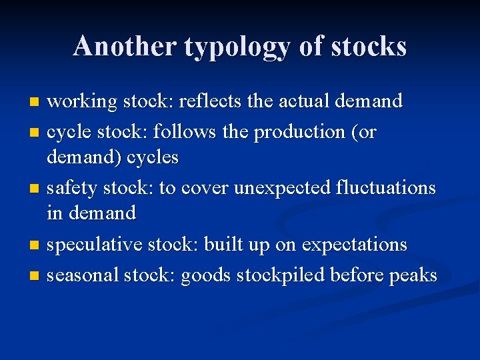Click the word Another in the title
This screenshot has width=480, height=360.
click(124, 46)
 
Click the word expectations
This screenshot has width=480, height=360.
click(355, 245)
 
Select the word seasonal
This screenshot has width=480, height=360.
click(85, 275)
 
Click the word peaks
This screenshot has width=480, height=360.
click(414, 275)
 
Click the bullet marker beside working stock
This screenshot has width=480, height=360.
click(36, 103)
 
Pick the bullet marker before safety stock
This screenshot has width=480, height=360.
click(36, 189)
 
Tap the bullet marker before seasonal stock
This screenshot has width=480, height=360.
click(36, 275)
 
